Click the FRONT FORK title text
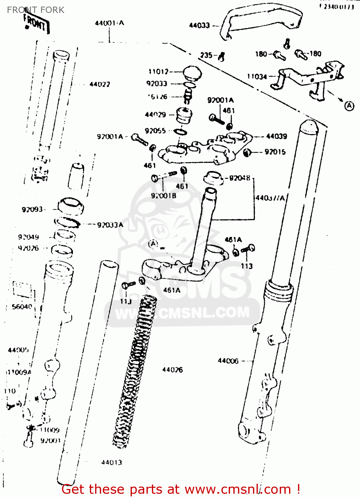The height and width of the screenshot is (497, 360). (x=35, y=10)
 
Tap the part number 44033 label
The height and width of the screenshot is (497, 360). (x=199, y=25)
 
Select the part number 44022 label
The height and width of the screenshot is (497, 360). (x=99, y=84)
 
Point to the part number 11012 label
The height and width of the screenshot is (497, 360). (x=158, y=72)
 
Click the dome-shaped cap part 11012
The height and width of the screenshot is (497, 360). (x=193, y=73)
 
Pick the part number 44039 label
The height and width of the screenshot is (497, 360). (x=276, y=136)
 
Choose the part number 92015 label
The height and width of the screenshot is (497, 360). (x=275, y=152)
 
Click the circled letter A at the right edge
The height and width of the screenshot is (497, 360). (x=349, y=106)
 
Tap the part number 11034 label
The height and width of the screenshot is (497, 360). (x=257, y=77)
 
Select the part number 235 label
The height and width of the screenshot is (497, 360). (x=206, y=55)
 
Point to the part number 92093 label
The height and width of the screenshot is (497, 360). (x=32, y=209)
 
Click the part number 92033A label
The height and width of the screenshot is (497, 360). (x=110, y=225)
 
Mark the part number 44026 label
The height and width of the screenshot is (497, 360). (x=172, y=369)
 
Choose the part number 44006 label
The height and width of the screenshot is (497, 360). (x=228, y=360)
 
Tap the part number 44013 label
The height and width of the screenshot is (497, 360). (x=111, y=462)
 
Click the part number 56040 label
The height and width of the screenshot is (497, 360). (x=22, y=307)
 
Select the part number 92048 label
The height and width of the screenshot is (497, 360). (x=240, y=178)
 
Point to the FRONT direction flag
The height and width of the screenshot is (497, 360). (x=36, y=24)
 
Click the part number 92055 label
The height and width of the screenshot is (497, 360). (x=155, y=131)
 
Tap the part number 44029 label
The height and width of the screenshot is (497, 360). (x=155, y=115)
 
